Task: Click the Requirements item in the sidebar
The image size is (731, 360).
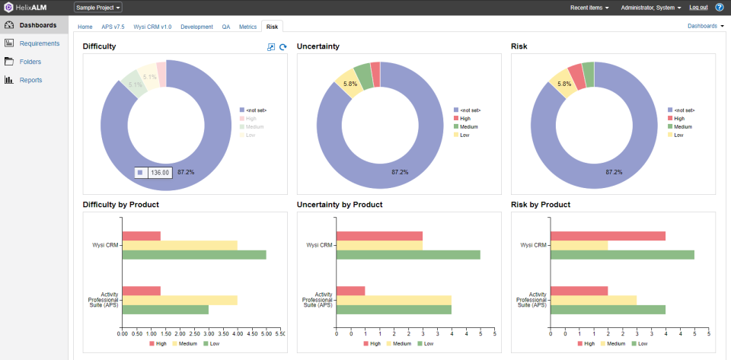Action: click(39, 43)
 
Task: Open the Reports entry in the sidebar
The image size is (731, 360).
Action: click(30, 80)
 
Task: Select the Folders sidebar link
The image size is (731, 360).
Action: click(30, 62)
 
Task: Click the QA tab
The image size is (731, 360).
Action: click(226, 26)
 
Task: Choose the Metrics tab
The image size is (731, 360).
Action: click(247, 26)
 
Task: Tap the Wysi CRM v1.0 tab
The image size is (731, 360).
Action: click(152, 26)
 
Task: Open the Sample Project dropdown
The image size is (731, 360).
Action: click(98, 7)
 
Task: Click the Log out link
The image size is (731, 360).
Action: click(698, 7)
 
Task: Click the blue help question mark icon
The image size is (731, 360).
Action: click(720, 7)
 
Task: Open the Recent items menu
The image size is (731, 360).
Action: click(589, 7)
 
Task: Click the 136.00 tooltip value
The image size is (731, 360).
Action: click(160, 173)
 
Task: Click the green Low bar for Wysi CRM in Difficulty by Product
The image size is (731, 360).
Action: click(194, 254)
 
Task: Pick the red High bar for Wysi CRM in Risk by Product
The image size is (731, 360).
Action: click(608, 236)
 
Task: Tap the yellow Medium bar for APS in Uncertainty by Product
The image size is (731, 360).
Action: click(394, 300)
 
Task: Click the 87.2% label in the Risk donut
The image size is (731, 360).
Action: click(614, 172)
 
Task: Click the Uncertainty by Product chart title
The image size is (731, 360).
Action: click(340, 205)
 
